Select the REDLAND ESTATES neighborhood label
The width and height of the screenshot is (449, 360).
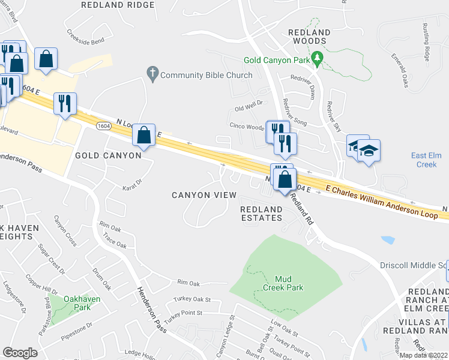pyautogui.click(x=262, y=213)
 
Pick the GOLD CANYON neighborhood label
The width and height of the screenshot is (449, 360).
pyautogui.click(x=108, y=155)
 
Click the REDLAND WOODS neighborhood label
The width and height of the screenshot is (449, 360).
pyautogui.click(x=309, y=37)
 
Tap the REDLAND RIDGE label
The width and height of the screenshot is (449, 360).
pyautogui.click(x=117, y=5)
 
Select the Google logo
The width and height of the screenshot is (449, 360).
pyautogui.click(x=20, y=353)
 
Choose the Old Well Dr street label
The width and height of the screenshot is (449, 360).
pyautogui.click(x=249, y=106)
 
